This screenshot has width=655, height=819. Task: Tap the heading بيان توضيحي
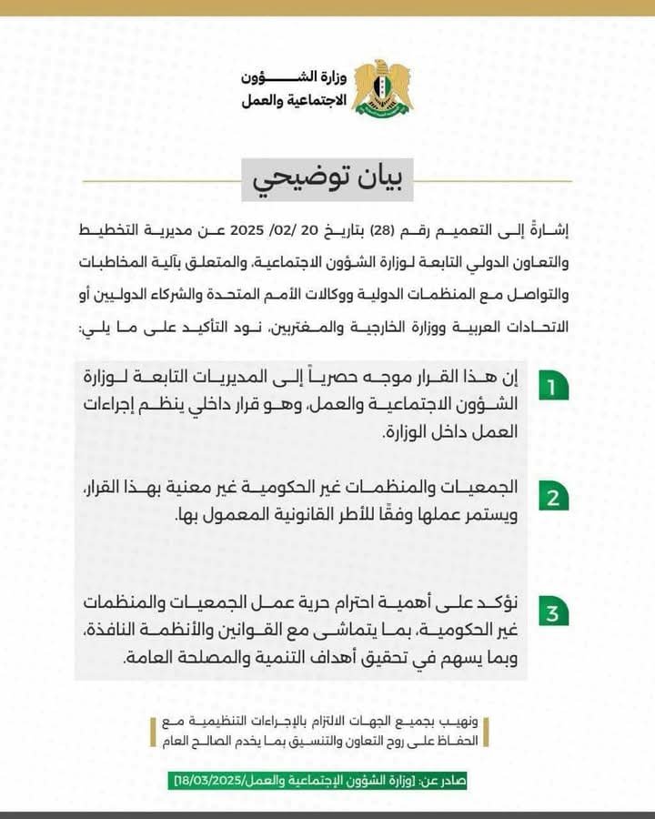point(327,178)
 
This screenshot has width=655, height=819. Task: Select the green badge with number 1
point(550,387)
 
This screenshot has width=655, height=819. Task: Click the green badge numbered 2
point(550,497)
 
